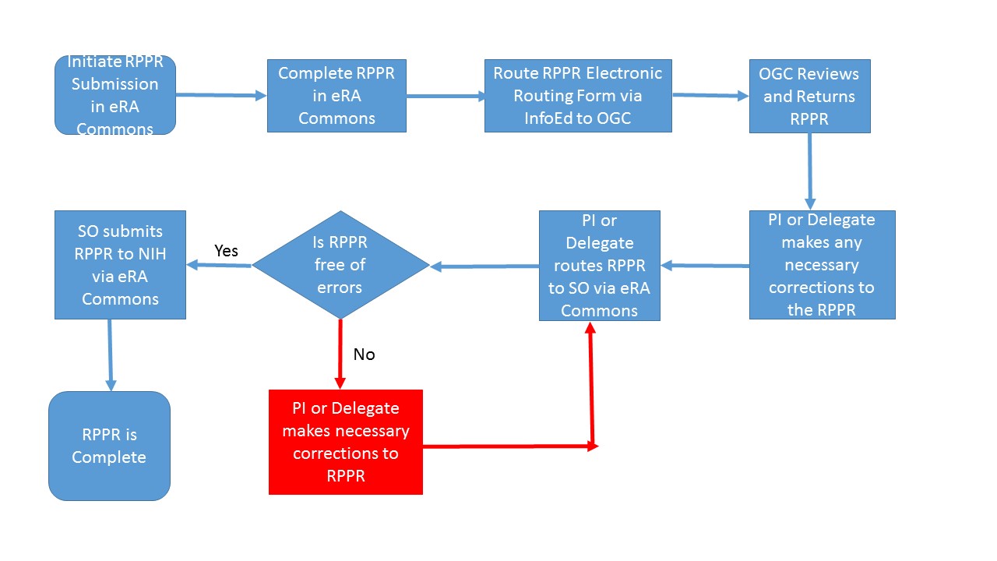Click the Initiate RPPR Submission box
115,95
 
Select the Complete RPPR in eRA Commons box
336,96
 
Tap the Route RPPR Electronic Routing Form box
577,96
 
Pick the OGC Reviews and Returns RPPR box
809,96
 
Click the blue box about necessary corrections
822,265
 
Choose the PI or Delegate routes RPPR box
599,266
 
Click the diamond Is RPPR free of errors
340,265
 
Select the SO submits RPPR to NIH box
120,265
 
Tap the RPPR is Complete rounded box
109,446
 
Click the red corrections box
345,442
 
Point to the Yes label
226,251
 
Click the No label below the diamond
364,355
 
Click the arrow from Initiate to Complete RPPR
221,96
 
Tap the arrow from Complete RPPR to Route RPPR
445,97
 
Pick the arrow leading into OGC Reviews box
710,96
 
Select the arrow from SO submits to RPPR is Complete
110,355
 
